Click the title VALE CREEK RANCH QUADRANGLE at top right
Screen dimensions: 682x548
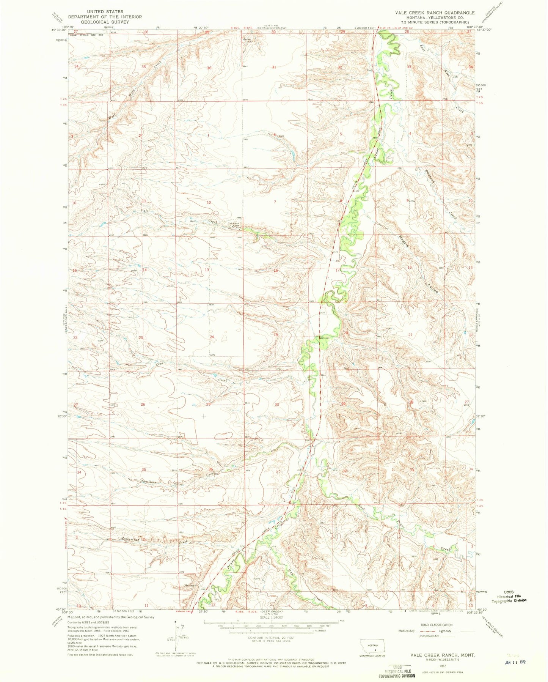pyautogui.click(x=435, y=13)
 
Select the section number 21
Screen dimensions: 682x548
pyautogui.click(x=410, y=335)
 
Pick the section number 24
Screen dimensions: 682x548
pyautogui.click(x=212, y=337)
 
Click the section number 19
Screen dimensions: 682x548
pyautogui.click(x=276, y=335)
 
